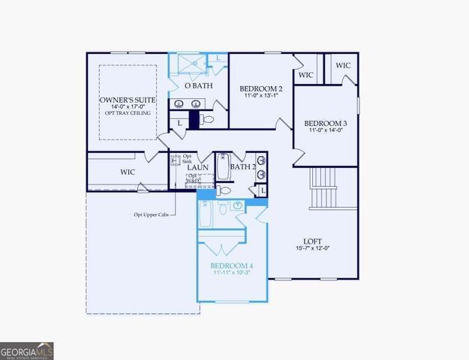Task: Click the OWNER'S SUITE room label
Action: [127, 100]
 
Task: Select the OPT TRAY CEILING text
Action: [127, 113]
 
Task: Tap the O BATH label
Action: [199, 86]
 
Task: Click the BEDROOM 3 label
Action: [325, 123]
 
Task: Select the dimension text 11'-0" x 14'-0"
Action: [325, 130]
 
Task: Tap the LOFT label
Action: [312, 241]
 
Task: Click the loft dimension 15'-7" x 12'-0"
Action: [312, 248]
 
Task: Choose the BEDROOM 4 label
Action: [231, 266]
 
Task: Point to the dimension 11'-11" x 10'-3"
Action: [231, 274]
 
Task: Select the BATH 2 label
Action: [243, 166]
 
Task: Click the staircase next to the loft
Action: [324, 188]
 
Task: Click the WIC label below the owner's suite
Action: [127, 172]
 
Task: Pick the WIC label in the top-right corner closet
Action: [343, 65]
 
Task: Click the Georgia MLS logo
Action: [26, 351]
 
